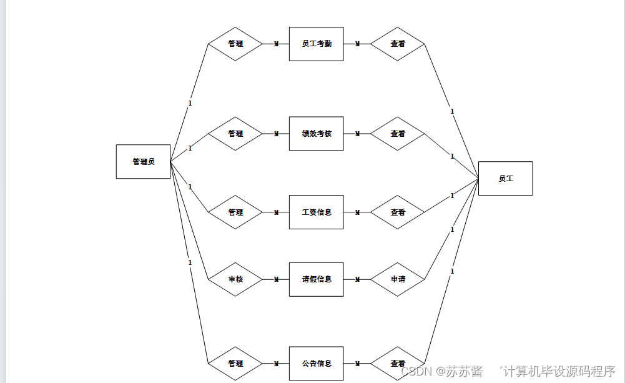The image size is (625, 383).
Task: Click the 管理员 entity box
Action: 143,162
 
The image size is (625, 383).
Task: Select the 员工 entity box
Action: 505,179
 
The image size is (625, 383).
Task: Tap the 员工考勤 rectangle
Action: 316,44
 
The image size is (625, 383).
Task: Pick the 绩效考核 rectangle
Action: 316,134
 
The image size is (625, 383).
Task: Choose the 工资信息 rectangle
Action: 316,212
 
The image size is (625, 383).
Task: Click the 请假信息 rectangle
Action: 316,279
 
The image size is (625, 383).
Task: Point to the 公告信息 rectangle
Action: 316,363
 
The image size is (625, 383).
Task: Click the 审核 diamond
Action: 235,279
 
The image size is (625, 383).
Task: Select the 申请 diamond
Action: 398,279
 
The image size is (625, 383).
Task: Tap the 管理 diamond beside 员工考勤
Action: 235,44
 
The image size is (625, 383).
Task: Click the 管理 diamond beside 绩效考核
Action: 235,134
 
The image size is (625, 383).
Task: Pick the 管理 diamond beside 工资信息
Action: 235,212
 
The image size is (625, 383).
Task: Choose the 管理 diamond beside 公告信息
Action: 235,363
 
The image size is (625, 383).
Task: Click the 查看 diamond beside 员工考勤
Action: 398,44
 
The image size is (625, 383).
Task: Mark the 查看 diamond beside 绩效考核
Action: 398,134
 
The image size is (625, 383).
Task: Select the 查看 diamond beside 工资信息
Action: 398,212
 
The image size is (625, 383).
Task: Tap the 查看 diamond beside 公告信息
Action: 398,363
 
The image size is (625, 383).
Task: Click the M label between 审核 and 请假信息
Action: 276,279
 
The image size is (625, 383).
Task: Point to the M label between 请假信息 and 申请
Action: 357,279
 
